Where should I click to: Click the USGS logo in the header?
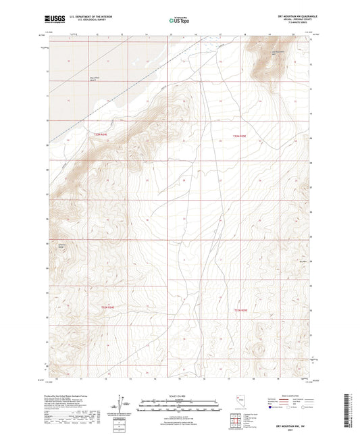click(x=53, y=19)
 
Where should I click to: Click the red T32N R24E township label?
click(x=100, y=135)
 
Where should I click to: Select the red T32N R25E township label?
click(x=241, y=136)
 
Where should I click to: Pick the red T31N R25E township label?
click(x=241, y=310)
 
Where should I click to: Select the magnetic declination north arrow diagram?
click(x=122, y=403)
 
